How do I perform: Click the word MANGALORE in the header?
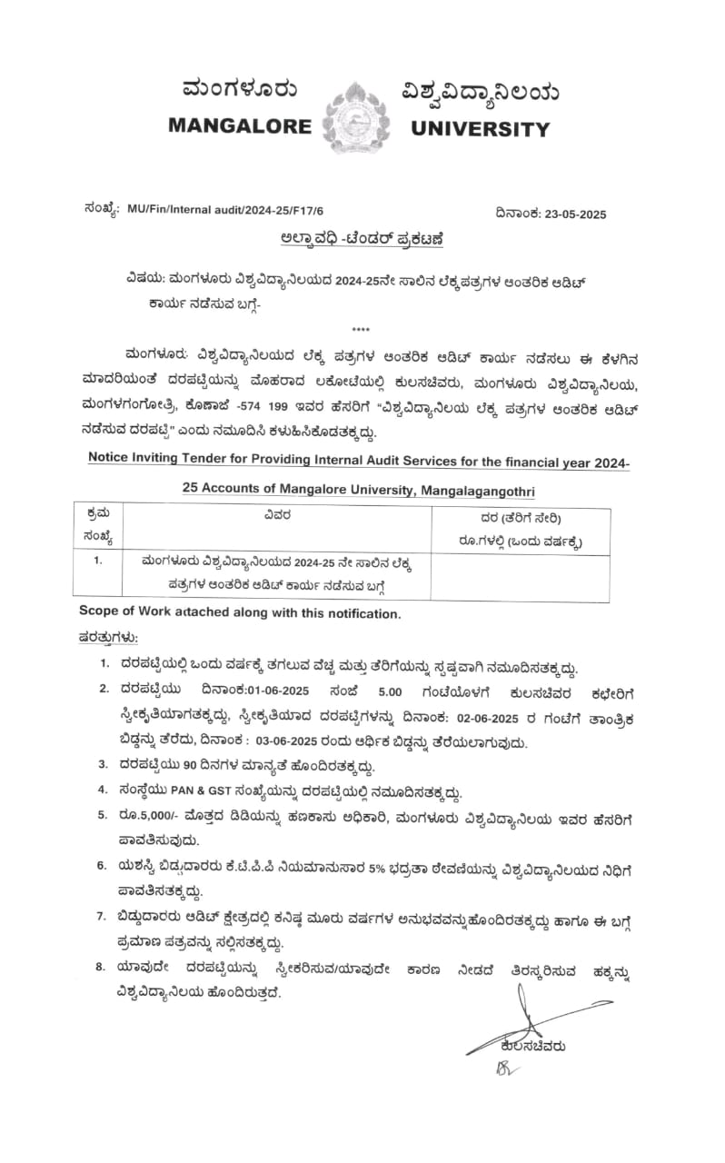click(239, 127)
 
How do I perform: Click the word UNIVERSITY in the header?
click(481, 128)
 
